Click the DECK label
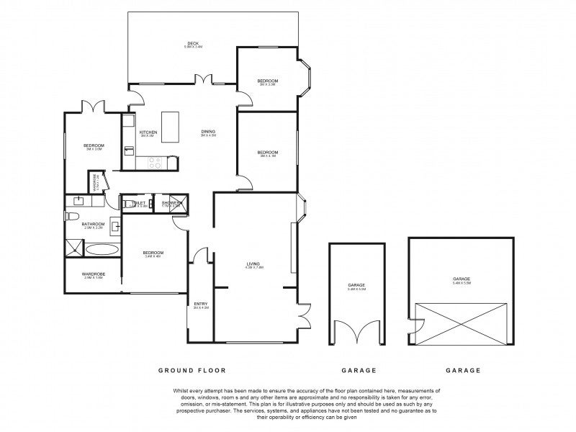192,44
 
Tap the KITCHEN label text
148,132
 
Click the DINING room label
208,132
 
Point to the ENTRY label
201,304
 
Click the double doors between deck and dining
207,81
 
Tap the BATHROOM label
94,224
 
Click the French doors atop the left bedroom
94,107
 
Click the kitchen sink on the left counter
128,150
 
